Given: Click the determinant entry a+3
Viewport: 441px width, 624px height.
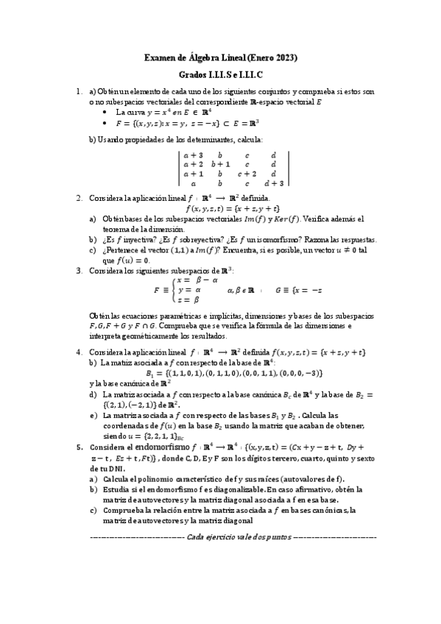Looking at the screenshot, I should tap(193, 155).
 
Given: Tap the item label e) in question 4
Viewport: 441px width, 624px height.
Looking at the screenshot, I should tap(93, 414).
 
